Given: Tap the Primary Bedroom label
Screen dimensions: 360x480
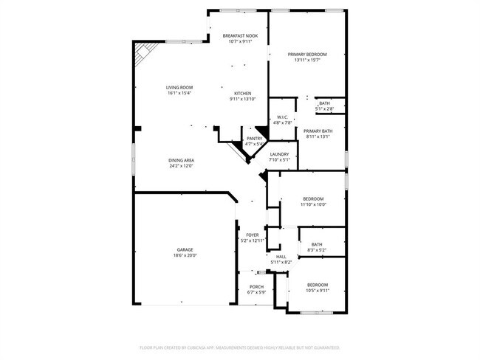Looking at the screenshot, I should [x=306, y=55].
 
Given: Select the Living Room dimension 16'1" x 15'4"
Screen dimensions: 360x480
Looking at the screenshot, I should [x=179, y=94].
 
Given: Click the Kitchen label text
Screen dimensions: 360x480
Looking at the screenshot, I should [x=242, y=93].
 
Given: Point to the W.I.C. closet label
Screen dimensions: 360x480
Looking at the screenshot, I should [x=282, y=117].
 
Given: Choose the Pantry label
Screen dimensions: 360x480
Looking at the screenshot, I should [x=255, y=138].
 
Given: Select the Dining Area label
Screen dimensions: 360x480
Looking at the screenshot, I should [x=181, y=160].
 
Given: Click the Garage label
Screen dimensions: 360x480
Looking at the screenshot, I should [x=185, y=249].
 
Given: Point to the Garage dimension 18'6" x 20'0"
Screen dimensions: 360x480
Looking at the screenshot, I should [x=185, y=255].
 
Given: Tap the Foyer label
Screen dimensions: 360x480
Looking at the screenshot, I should [x=252, y=235].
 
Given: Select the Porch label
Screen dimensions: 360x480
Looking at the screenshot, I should [x=256, y=286].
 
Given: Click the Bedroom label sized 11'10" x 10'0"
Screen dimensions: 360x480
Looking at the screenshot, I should [x=314, y=198].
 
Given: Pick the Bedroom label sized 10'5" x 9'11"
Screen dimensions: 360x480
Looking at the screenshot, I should [x=318, y=285].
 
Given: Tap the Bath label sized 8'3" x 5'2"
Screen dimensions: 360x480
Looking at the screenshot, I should [x=317, y=244].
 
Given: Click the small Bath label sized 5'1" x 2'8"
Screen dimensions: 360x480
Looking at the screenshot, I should [x=324, y=103].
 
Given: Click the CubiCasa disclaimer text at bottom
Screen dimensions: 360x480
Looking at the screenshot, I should [x=239, y=347].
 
